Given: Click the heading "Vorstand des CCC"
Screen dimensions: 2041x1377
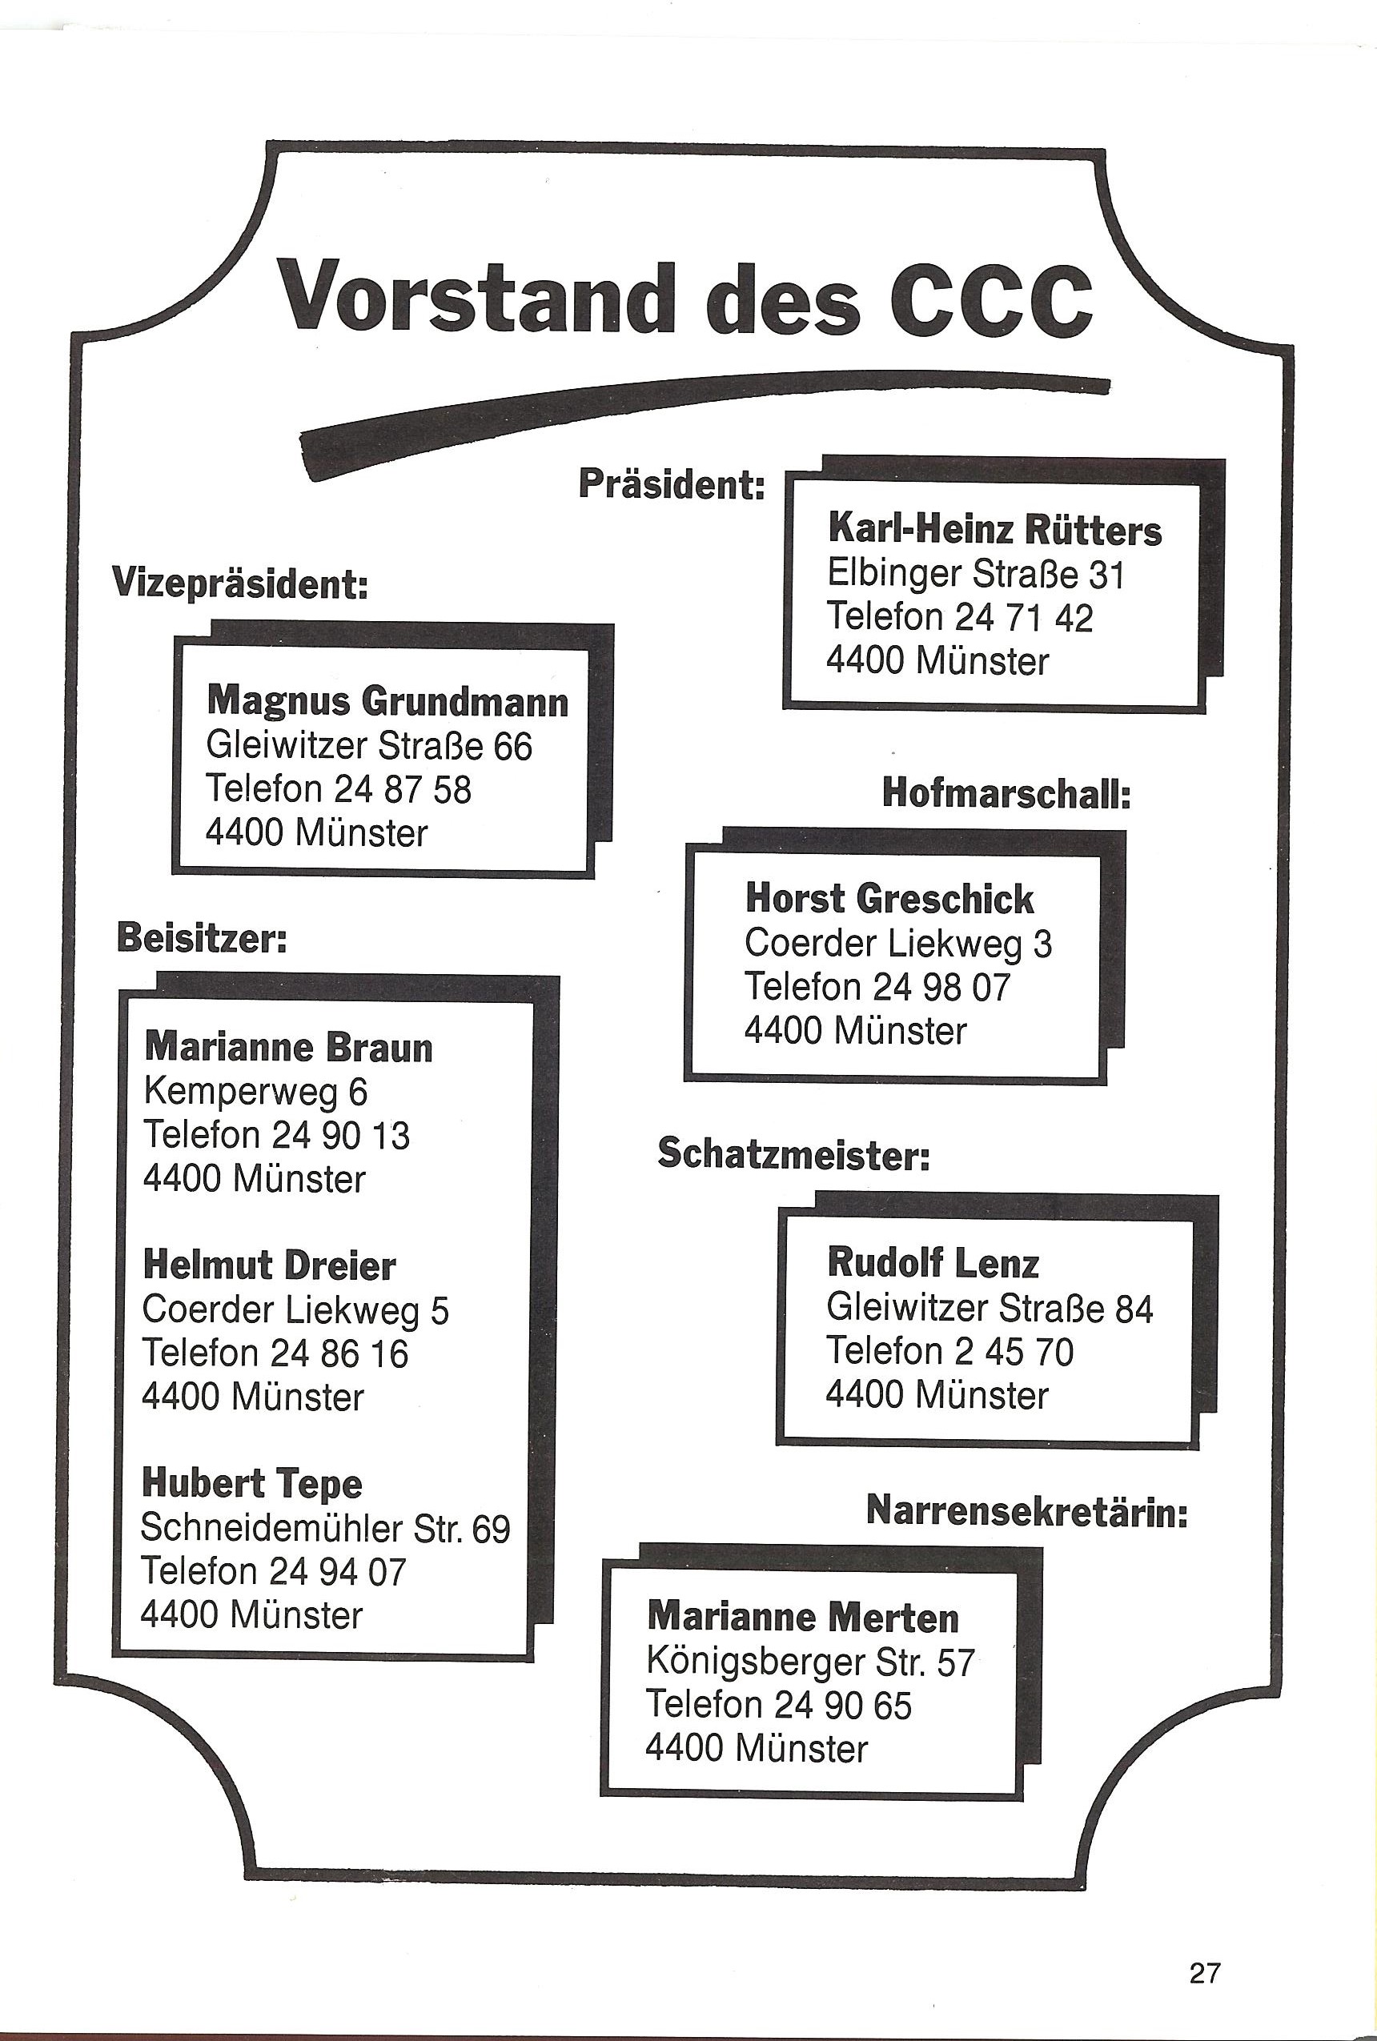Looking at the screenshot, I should [x=685, y=295].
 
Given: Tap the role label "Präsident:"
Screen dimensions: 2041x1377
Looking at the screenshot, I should [x=672, y=483].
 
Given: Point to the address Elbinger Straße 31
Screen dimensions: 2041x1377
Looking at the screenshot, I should [x=975, y=574].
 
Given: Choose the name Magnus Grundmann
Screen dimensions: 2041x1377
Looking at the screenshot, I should [x=387, y=701].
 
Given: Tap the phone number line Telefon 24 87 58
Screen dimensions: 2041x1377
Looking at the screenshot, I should [x=338, y=788].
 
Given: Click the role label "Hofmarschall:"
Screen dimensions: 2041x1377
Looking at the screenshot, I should [x=1006, y=793].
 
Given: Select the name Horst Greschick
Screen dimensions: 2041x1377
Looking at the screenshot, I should [x=889, y=898].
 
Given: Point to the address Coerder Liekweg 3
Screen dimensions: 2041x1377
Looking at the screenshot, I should [x=897, y=943].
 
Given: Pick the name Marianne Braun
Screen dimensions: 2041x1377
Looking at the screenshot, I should [x=288, y=1047].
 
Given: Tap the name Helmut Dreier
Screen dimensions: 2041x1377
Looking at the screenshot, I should [x=269, y=1265].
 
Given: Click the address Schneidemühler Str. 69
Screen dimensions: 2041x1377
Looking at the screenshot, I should [x=325, y=1528].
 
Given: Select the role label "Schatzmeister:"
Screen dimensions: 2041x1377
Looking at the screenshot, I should [x=793, y=1153].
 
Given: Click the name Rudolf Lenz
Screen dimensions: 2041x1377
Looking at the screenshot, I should [x=933, y=1263].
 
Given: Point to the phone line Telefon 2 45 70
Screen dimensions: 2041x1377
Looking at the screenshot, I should [x=949, y=1351].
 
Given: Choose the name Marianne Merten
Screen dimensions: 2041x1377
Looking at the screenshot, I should [x=803, y=1617].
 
